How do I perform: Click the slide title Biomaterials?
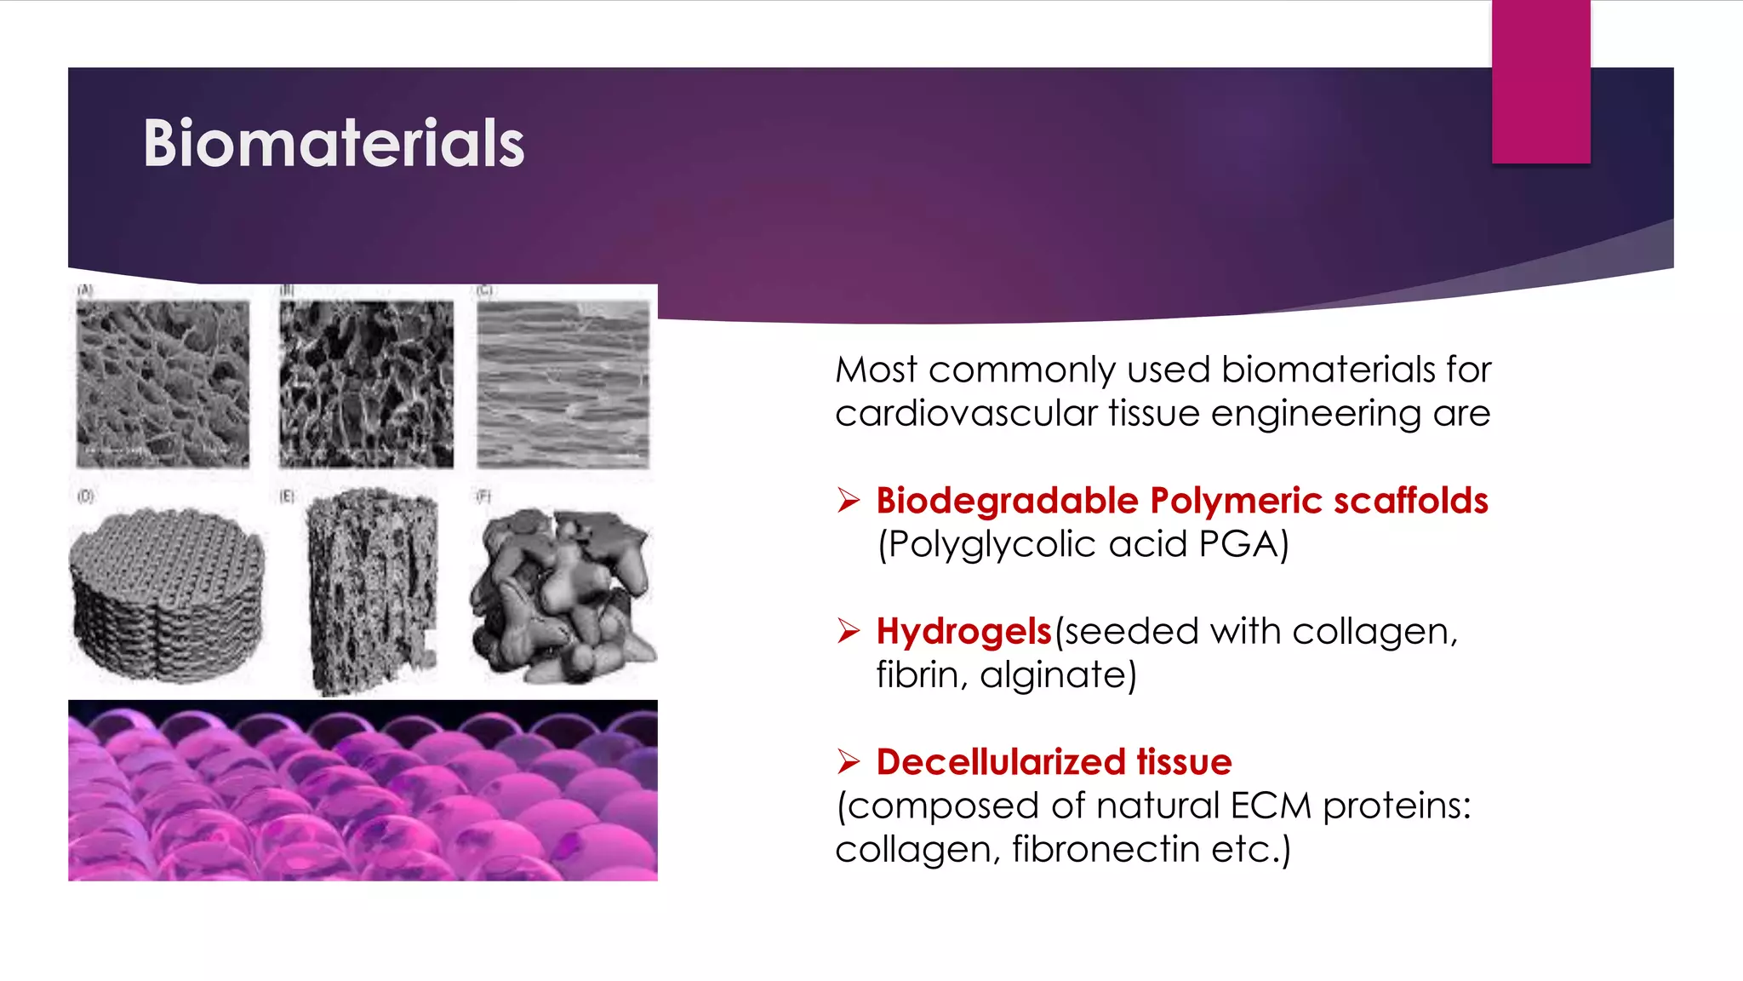click(334, 143)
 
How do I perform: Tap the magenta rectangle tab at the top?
click(1540, 82)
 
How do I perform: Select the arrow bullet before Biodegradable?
click(849, 500)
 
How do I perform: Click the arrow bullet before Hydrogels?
click(849, 631)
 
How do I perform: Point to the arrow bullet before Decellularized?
click(849, 761)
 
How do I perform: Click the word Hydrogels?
click(964, 632)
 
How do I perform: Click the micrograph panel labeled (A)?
click(163, 384)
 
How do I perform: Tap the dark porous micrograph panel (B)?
click(366, 384)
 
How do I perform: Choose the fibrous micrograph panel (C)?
click(563, 384)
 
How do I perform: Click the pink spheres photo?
click(363, 790)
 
